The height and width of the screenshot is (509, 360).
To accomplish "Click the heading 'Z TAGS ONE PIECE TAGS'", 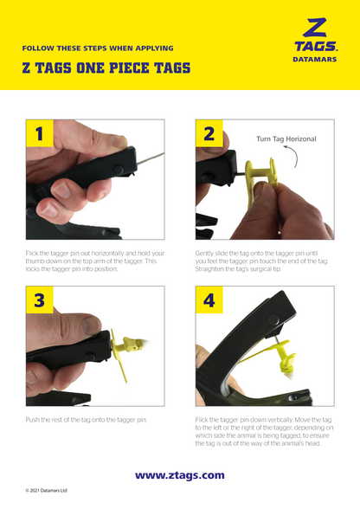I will pos(106,68).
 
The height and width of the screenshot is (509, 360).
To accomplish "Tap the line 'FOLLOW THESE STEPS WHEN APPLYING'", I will pos(98,48).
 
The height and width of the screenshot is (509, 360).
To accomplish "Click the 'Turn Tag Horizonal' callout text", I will pos(286,139).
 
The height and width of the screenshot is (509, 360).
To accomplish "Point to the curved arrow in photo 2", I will pos(297,158).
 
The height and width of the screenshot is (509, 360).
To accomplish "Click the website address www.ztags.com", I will pos(179,474).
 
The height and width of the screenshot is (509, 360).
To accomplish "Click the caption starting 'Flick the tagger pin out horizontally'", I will pos(92,261).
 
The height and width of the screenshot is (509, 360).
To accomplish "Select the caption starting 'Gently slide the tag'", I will pos(261,261).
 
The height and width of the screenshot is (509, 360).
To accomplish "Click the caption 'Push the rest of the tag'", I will pos(87,419).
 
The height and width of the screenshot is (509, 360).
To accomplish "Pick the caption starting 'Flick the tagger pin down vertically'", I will pos(261,430).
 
